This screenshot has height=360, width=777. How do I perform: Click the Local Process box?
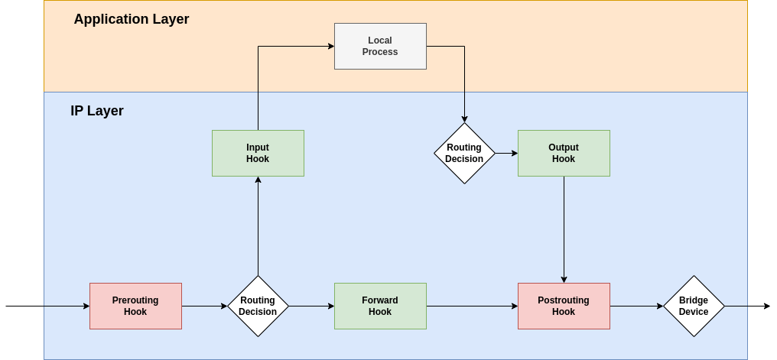click(380, 46)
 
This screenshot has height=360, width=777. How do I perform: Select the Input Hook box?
click(258, 153)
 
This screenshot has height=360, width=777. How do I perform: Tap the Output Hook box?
click(564, 153)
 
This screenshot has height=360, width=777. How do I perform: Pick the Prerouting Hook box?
click(135, 306)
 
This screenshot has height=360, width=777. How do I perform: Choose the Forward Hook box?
click(380, 306)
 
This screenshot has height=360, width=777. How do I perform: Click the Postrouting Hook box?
click(564, 306)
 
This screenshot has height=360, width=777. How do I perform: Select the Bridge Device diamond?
click(694, 306)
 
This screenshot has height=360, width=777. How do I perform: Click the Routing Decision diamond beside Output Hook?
click(464, 153)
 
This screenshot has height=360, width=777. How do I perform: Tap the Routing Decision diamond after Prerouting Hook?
click(258, 306)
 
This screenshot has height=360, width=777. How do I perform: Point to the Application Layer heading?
click(131, 19)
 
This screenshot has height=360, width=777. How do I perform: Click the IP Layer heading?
click(97, 111)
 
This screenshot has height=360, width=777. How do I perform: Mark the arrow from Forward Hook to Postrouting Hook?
click(472, 306)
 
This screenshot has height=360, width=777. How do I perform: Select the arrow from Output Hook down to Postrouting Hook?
click(564, 229)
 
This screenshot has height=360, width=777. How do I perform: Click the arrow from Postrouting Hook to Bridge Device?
click(636, 306)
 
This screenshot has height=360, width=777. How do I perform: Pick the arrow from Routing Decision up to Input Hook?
click(258, 225)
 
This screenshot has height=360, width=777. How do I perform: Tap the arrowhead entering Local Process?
click(330, 46)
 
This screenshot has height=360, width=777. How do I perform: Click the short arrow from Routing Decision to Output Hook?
click(506, 153)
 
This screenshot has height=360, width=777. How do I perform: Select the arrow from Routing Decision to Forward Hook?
click(311, 306)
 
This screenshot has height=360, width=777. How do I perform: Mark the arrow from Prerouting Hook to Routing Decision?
click(204, 306)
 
